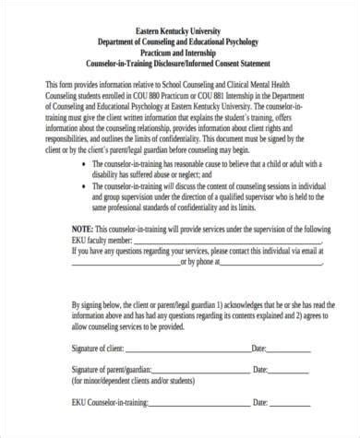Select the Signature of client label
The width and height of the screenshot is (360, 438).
101,349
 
